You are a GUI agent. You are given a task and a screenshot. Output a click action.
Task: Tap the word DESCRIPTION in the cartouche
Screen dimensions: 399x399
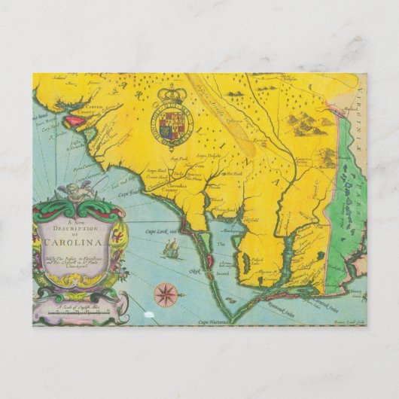click(78, 229)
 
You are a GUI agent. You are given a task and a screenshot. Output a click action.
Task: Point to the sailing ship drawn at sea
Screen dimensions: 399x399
click(172, 246)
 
